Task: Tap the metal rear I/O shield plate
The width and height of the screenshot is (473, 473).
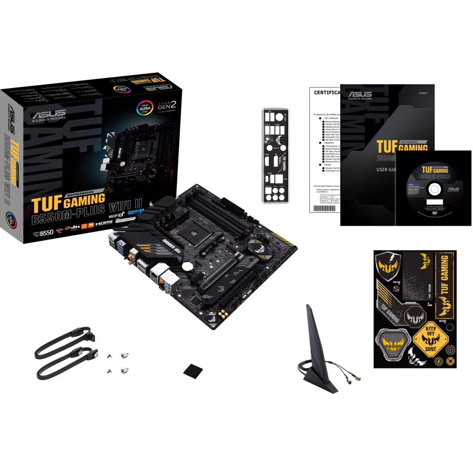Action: coord(275,156)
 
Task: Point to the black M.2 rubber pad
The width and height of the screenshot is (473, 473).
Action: coord(193,371)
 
